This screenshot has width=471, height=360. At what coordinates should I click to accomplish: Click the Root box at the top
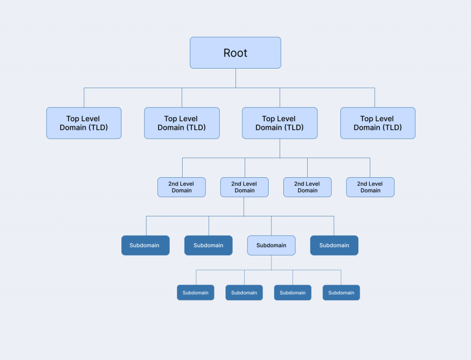[235, 53]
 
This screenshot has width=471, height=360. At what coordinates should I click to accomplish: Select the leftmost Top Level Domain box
[84, 123]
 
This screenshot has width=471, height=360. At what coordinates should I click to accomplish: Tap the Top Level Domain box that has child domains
[280, 123]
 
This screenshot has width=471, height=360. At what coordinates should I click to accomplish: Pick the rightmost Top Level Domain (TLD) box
[378, 123]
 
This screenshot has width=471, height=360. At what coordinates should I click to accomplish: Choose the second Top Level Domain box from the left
[182, 123]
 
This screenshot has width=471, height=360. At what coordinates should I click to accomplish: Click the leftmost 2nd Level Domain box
[182, 187]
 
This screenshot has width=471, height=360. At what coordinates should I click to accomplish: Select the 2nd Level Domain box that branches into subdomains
[244, 187]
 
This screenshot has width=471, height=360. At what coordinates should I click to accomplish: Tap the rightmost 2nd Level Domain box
[370, 187]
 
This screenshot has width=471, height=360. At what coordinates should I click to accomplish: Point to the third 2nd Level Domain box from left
[307, 187]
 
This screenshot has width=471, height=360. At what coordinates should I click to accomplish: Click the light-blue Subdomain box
[271, 245]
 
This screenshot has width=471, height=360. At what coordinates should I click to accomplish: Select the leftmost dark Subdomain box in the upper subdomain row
[145, 245]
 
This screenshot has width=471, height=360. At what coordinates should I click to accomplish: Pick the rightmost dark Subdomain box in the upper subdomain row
[334, 245]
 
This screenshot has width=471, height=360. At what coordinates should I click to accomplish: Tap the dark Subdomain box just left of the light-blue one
[208, 245]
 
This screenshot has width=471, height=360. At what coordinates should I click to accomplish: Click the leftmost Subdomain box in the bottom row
[195, 293]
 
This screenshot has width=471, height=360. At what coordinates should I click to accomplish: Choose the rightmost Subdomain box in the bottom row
[341, 293]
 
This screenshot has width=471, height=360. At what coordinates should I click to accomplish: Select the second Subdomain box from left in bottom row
[244, 293]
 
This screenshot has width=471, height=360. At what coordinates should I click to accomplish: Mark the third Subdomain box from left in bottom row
[293, 293]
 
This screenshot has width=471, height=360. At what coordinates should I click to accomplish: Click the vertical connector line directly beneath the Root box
[235, 78]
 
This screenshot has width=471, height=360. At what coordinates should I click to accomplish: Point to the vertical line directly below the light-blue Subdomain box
[271, 262]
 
